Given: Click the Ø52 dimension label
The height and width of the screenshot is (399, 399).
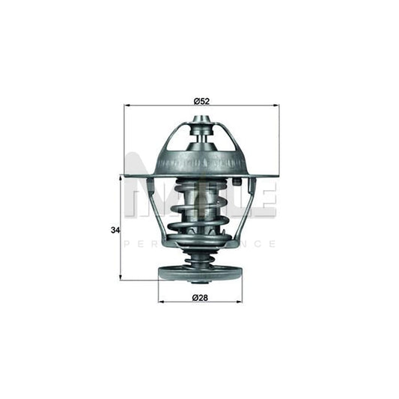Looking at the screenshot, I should tap(201, 100).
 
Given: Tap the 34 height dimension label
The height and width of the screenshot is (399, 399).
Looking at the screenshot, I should tap(115, 230).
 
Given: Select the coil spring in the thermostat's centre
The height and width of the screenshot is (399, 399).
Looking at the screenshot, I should tap(199, 213).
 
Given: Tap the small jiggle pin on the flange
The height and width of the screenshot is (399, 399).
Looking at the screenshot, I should tap(236, 181).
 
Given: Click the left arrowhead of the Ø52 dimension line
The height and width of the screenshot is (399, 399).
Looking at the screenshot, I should tap(127, 106).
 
